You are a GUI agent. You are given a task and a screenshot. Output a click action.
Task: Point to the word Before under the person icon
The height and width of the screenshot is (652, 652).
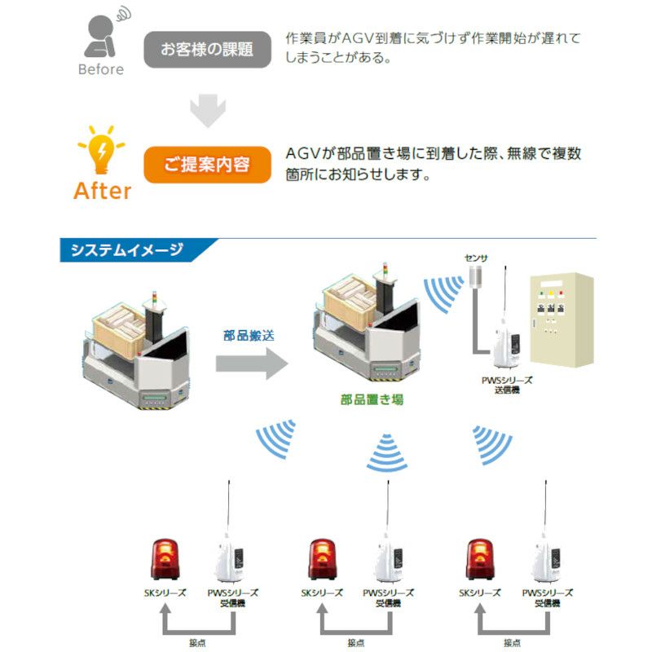click(101, 69)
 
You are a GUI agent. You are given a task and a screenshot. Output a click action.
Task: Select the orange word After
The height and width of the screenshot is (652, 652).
click(102, 191)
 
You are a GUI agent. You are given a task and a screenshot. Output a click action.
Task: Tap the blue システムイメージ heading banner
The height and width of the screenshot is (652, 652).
click(130, 250)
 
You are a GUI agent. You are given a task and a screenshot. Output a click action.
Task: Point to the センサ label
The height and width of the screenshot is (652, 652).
click(475, 258)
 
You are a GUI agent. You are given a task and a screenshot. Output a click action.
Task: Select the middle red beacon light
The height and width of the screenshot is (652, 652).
click(322, 560)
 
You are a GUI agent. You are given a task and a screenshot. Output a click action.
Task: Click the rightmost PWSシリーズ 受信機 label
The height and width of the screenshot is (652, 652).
click(547, 597)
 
